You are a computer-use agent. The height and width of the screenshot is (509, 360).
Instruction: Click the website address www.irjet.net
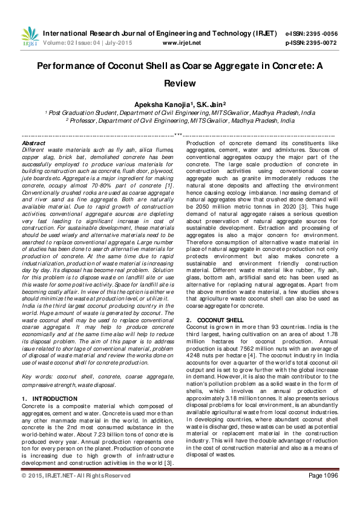point(182,43)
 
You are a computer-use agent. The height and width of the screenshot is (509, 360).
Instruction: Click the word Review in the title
point(180,83)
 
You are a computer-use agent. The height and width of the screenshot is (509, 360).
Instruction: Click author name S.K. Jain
point(210,104)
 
